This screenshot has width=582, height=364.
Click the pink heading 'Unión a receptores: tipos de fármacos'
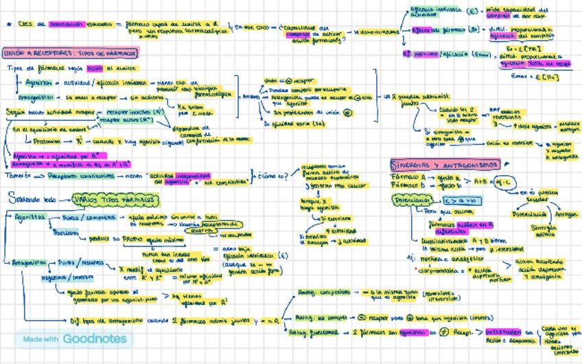click(71, 53)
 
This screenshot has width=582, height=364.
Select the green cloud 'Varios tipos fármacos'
click(115, 200)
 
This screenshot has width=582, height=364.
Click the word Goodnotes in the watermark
click(95, 339)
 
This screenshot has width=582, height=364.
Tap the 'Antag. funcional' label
click(316, 332)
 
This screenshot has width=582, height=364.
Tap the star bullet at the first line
click(8, 23)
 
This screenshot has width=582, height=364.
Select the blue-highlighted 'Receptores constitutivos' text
click(81, 177)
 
